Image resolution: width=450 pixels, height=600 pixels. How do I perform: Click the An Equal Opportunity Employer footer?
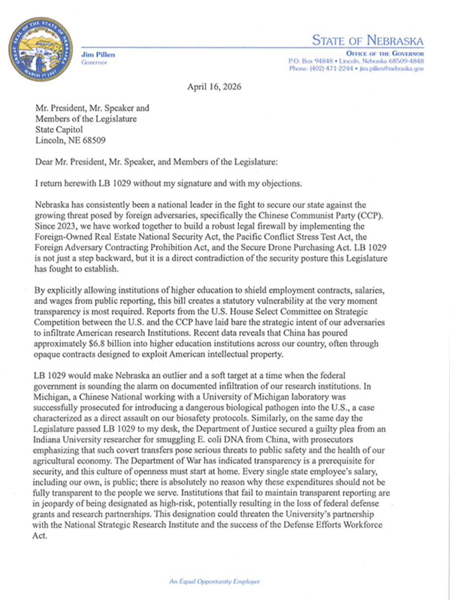[x=215, y=581]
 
